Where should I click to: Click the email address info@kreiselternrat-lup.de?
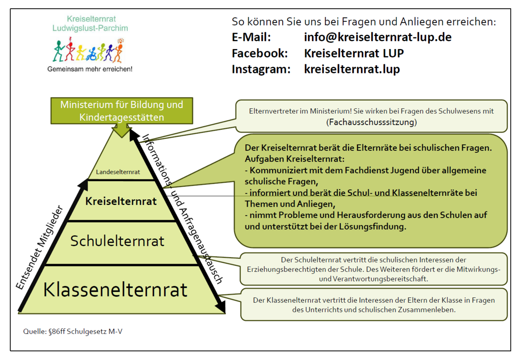pyautogui.click(x=378, y=37)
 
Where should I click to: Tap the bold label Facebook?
pyautogui.click(x=260, y=53)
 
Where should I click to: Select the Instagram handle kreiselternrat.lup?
pyautogui.click(x=352, y=69)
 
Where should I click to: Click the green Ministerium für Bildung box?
pyautogui.click(x=122, y=111)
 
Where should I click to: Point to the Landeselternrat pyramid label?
pyautogui.click(x=118, y=172)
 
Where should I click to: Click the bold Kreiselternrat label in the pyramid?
pyautogui.click(x=121, y=201)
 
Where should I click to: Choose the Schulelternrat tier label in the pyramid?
pyautogui.click(x=117, y=241)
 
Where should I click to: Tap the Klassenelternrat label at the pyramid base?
pyautogui.click(x=115, y=290)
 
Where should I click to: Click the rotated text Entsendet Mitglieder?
pyautogui.click(x=40, y=248)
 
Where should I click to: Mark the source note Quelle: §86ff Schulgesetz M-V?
pyautogui.click(x=73, y=331)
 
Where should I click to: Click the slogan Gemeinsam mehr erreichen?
pyautogui.click(x=90, y=69)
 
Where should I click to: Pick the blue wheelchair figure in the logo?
pyautogui.click(x=92, y=54)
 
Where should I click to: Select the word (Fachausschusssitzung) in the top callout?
pyautogui.click(x=372, y=122)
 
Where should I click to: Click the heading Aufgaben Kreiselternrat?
pyautogui.click(x=294, y=159)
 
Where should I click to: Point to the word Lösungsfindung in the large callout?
pyautogui.click(x=373, y=226)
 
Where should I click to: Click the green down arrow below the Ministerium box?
pyautogui.click(x=122, y=131)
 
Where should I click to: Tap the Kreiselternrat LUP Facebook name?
pyautogui.click(x=354, y=53)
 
